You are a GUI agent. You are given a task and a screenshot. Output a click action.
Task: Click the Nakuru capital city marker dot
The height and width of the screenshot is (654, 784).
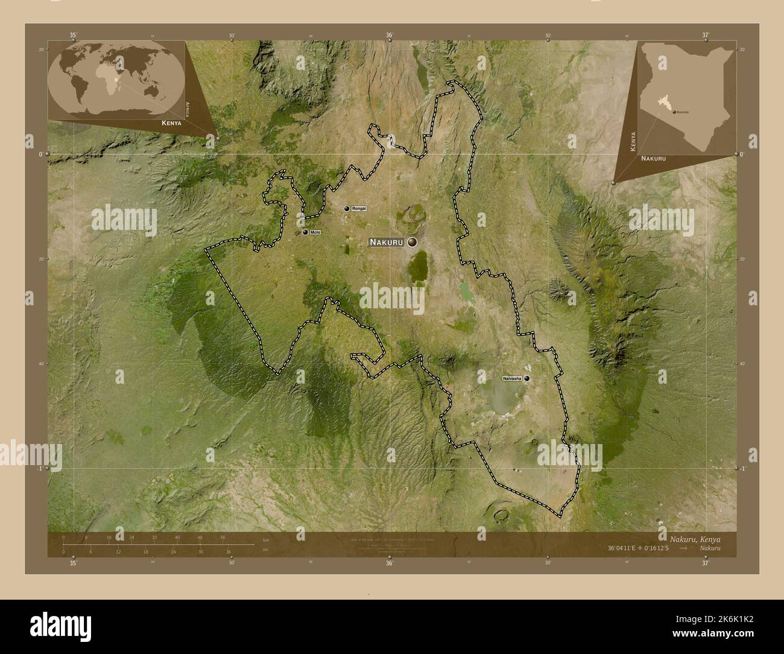(413, 242)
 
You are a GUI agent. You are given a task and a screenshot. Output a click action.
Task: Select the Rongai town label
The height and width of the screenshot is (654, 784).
(359, 208)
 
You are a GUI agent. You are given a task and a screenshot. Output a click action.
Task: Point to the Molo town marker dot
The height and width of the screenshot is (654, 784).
(306, 232)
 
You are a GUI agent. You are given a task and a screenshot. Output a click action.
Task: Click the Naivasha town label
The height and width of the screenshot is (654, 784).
(512, 378)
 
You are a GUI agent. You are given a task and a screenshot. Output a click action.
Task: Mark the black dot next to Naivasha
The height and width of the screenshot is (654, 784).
(528, 378)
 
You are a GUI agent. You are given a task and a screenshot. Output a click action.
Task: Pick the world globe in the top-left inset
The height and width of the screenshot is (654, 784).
(116, 79)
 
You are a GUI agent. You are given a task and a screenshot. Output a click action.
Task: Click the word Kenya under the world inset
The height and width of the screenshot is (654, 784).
(171, 122)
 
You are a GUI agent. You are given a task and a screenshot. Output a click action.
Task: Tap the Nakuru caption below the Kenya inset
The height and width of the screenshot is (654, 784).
(653, 157)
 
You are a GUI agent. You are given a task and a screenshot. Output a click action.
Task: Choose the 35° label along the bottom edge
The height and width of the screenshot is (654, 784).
(73, 564)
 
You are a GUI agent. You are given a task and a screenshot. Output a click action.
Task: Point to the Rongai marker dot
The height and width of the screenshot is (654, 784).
(347, 208)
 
